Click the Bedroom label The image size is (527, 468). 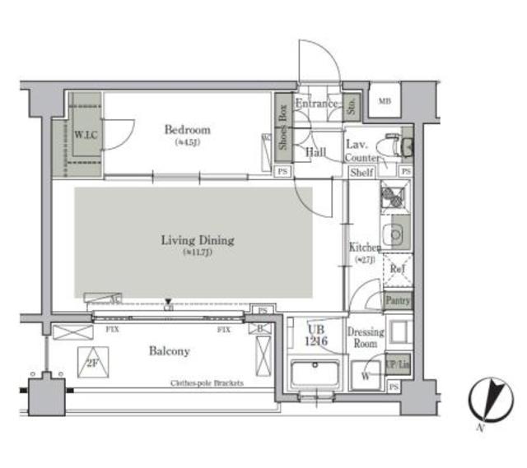pyautogui.click(x=187, y=130)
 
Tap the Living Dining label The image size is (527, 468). pyautogui.click(x=197, y=241)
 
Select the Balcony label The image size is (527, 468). pyautogui.click(x=169, y=351)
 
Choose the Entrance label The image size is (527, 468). pyautogui.click(x=317, y=104)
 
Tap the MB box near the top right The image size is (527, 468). pyautogui.click(x=383, y=101)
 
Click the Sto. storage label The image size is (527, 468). pyautogui.click(x=352, y=104)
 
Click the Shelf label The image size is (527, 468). pyautogui.click(x=361, y=173)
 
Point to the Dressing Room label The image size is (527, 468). pyautogui.click(x=365, y=337)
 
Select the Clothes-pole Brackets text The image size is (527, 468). pyautogui.click(x=207, y=383)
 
